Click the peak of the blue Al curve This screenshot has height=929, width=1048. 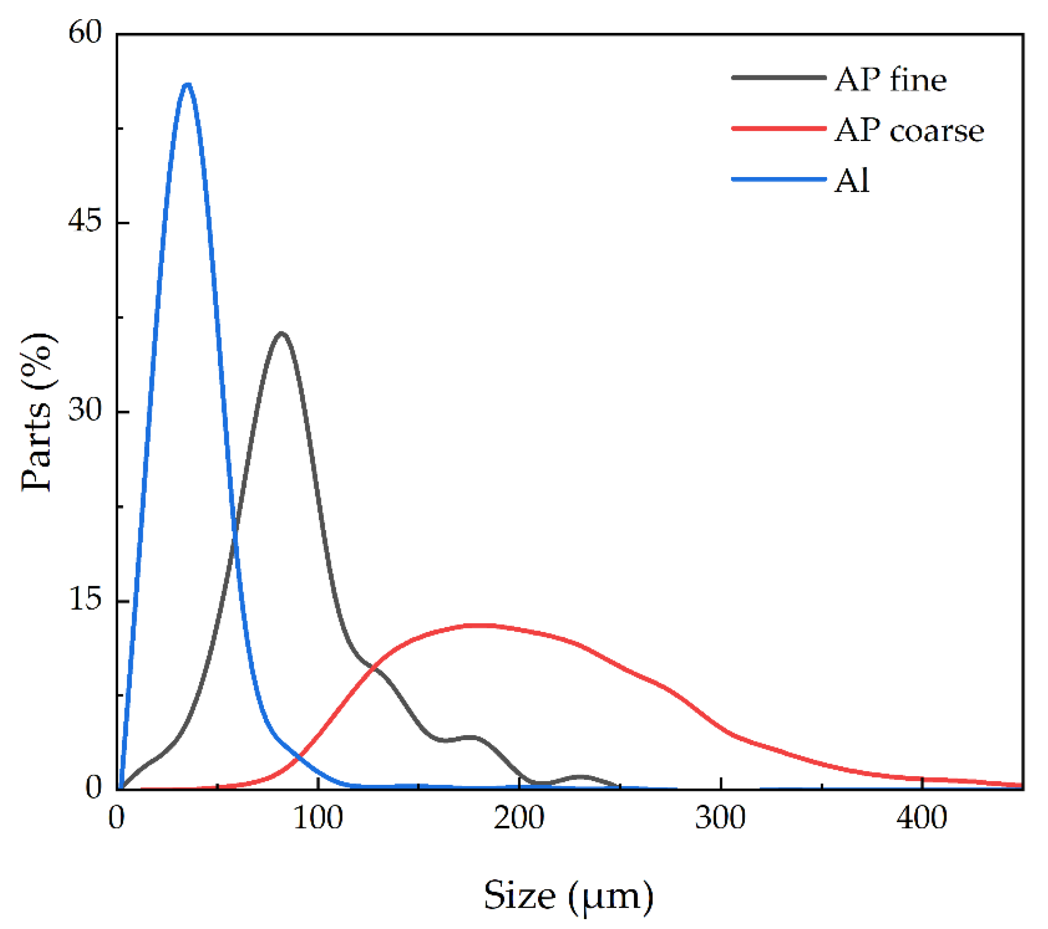tap(188, 84)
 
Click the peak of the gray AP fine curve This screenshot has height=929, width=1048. tap(281, 334)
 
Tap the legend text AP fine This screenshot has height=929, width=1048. tap(890, 80)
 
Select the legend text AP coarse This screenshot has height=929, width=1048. tap(909, 130)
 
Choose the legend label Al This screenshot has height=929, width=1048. tap(852, 181)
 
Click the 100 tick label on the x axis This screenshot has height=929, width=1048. tap(318, 818)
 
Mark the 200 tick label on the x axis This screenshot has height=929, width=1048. tap(519, 818)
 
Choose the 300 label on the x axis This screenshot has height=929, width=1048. tap(721, 818)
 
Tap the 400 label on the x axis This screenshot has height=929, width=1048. tap(922, 818)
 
